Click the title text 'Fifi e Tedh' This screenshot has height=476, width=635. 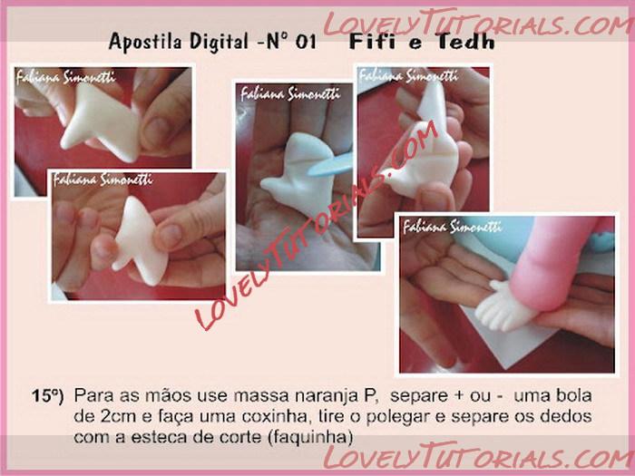coord(422,42)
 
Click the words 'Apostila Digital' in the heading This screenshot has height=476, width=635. coord(179,42)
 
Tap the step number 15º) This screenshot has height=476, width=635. coord(48,396)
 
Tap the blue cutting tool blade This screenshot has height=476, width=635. coord(329,165)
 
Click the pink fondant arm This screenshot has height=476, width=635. coord(551,263)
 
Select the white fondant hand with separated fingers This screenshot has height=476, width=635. coord(504,306)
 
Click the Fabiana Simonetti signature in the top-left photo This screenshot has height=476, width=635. coord(65,77)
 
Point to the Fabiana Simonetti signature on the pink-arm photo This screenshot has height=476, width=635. coord(452,227)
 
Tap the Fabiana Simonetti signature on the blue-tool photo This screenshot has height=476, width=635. coord(289,94)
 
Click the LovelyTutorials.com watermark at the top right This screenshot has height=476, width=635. coord(478,23)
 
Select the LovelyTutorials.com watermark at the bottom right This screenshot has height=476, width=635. coord(478,456)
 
